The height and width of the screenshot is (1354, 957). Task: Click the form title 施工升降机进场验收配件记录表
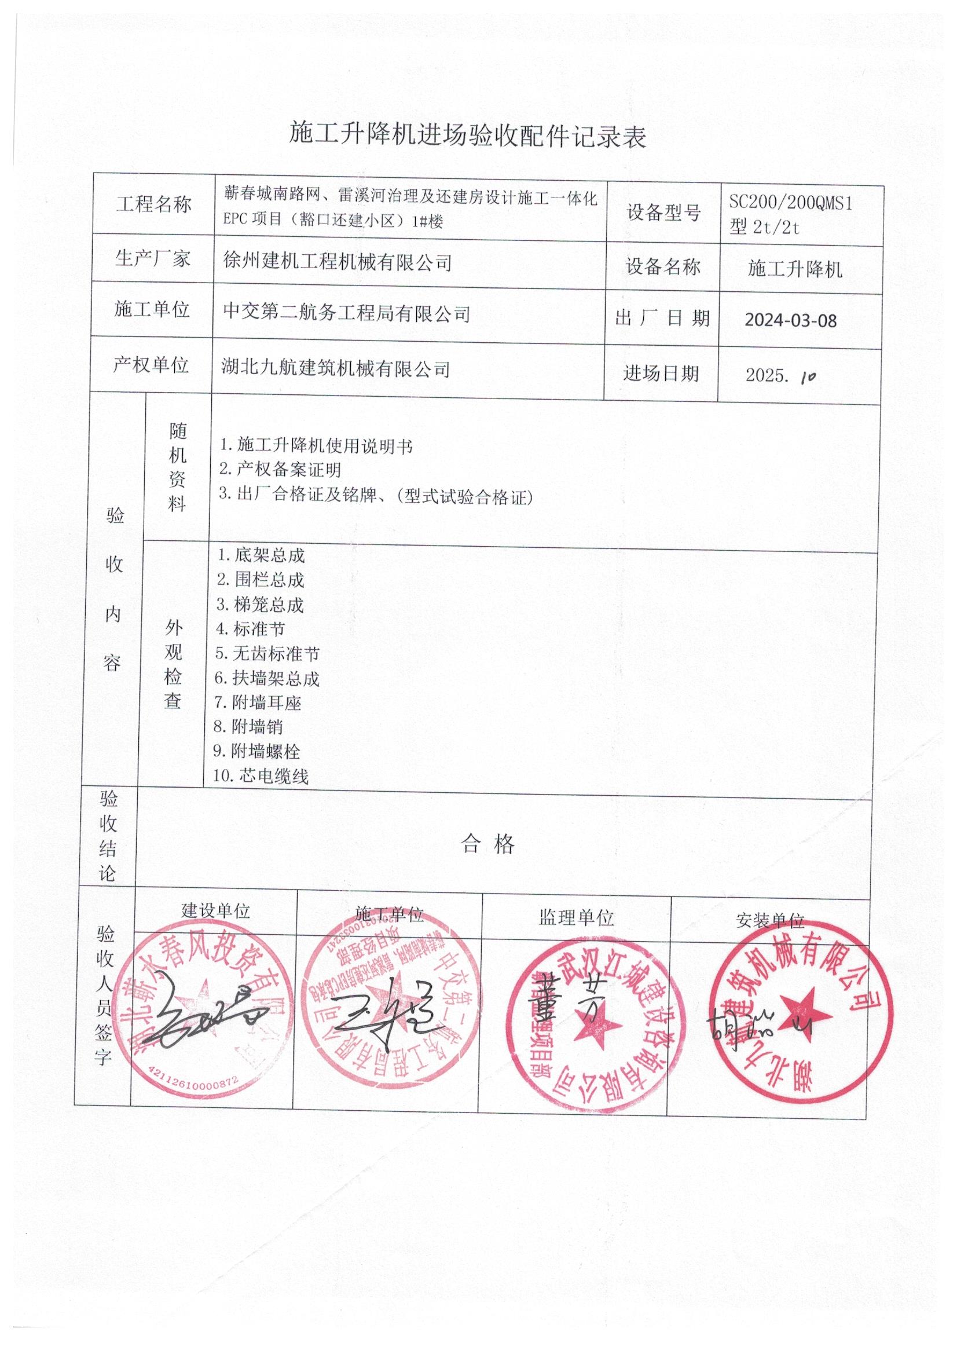[x=468, y=136]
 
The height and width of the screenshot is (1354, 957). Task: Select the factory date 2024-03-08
[x=790, y=320]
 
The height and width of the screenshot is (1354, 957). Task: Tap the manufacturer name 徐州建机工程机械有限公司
[x=338, y=261]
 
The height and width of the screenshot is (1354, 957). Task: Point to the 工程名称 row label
[x=153, y=204]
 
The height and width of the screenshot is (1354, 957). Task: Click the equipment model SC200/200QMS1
[x=790, y=203]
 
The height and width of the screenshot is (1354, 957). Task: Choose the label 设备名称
[x=663, y=266]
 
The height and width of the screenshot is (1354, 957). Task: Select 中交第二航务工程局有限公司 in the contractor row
[x=346, y=313]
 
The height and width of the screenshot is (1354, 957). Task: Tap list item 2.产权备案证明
[x=280, y=470]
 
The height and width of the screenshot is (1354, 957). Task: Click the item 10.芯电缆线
[x=261, y=776]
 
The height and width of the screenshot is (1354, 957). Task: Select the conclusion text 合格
[x=487, y=844]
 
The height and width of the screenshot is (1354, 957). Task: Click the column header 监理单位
[x=575, y=917]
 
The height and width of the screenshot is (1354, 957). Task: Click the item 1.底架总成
[x=261, y=555]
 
